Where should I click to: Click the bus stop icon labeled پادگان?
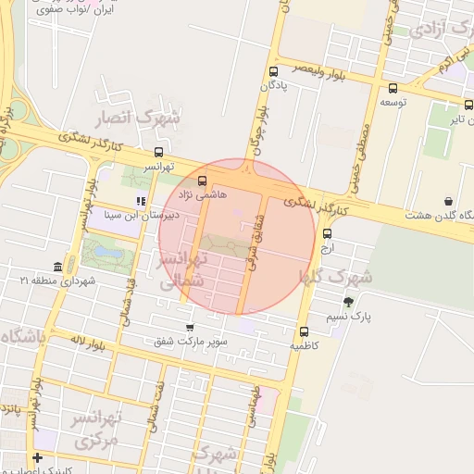pyautogui.click(x=273, y=71)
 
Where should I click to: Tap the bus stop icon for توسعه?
pyautogui.click(x=393, y=89)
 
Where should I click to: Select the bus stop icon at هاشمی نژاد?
pyautogui.click(x=203, y=181)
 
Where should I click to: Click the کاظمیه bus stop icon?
pyautogui.click(x=304, y=331)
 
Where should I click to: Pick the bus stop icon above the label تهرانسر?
pyautogui.click(x=158, y=153)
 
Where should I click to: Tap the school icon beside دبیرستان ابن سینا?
pyautogui.click(x=141, y=201)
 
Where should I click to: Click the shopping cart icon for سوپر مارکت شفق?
pyautogui.click(x=190, y=327)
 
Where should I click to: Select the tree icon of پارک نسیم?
pyautogui.click(x=348, y=302)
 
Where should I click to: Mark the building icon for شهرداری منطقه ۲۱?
pyautogui.click(x=58, y=266)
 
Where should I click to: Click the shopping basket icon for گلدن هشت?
pyautogui.click(x=449, y=201)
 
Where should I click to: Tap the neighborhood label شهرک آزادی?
pyautogui.click(x=430, y=31)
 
